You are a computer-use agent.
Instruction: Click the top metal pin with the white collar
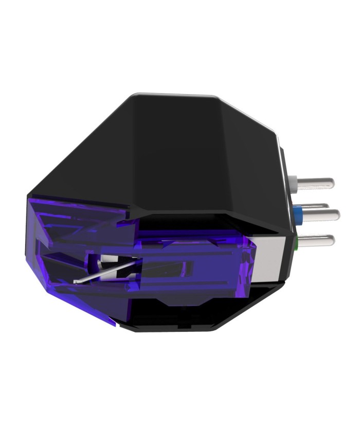pyautogui.click(x=315, y=182)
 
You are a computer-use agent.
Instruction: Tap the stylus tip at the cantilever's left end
pyautogui.click(x=75, y=282)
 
